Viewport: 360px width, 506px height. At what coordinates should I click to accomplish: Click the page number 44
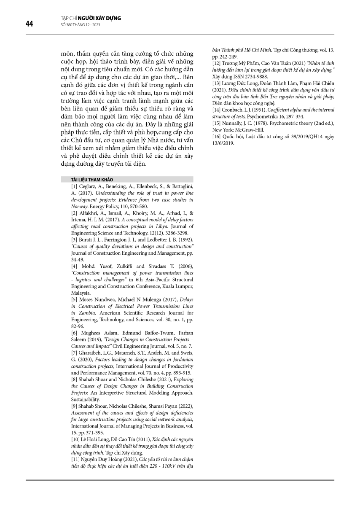[x=29, y=24]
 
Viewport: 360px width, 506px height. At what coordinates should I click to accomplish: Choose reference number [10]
[x=75, y=439]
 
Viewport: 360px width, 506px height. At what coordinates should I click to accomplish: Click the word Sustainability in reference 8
[x=86, y=399]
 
